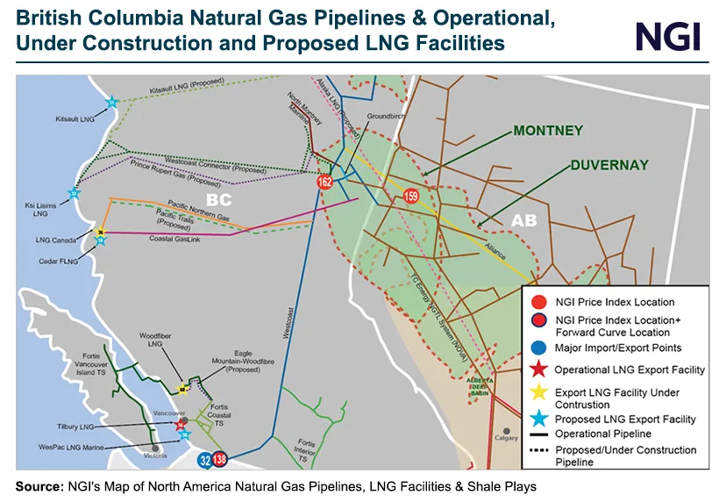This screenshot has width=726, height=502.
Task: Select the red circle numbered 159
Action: coord(411,196)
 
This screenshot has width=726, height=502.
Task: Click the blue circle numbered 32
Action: coord(205,458)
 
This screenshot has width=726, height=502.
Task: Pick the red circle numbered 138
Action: coord(220,458)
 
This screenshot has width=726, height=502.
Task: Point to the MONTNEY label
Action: coord(548,131)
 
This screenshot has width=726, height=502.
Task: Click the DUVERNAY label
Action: coord(609,164)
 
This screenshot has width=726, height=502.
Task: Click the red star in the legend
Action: coord(537,369)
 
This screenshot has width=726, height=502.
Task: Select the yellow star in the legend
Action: coord(537,392)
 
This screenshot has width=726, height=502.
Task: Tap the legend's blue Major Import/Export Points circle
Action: coord(537,348)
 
